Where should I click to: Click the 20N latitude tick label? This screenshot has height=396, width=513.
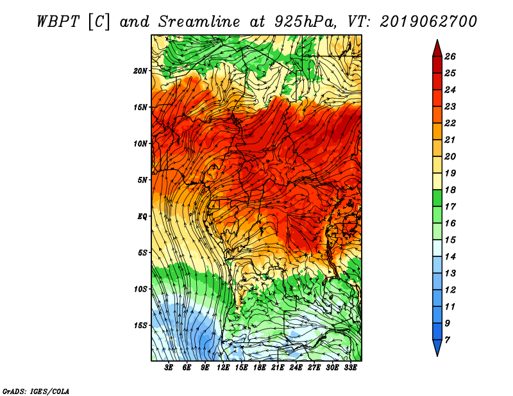click(140, 71)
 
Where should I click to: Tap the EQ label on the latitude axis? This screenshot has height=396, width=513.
click(142, 217)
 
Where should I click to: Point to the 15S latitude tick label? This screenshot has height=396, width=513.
click(140, 326)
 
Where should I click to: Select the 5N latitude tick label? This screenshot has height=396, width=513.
click(142, 180)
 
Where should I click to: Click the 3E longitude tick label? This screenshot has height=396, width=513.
click(169, 368)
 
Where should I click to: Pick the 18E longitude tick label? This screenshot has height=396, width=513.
click(260, 368)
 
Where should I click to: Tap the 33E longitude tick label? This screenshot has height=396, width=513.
click(350, 368)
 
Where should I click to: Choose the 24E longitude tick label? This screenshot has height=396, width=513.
click(296, 368)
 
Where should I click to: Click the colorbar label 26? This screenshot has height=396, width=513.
click(450, 56)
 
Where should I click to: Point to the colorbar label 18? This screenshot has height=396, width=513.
click(450, 190)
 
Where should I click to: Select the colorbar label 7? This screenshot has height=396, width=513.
click(447, 340)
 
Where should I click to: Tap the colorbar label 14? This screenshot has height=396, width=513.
click(450, 257)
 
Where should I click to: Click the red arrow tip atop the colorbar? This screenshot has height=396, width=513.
click(437, 40)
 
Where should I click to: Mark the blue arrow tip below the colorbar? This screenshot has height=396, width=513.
click(437, 356)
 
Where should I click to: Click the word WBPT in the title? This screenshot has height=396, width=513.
click(58, 22)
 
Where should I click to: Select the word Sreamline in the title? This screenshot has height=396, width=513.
click(199, 22)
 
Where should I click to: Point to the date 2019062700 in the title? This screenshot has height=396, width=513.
click(428, 22)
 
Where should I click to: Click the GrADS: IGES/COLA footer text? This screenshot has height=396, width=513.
click(36, 392)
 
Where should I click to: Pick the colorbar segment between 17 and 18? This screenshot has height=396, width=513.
click(437, 198)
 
